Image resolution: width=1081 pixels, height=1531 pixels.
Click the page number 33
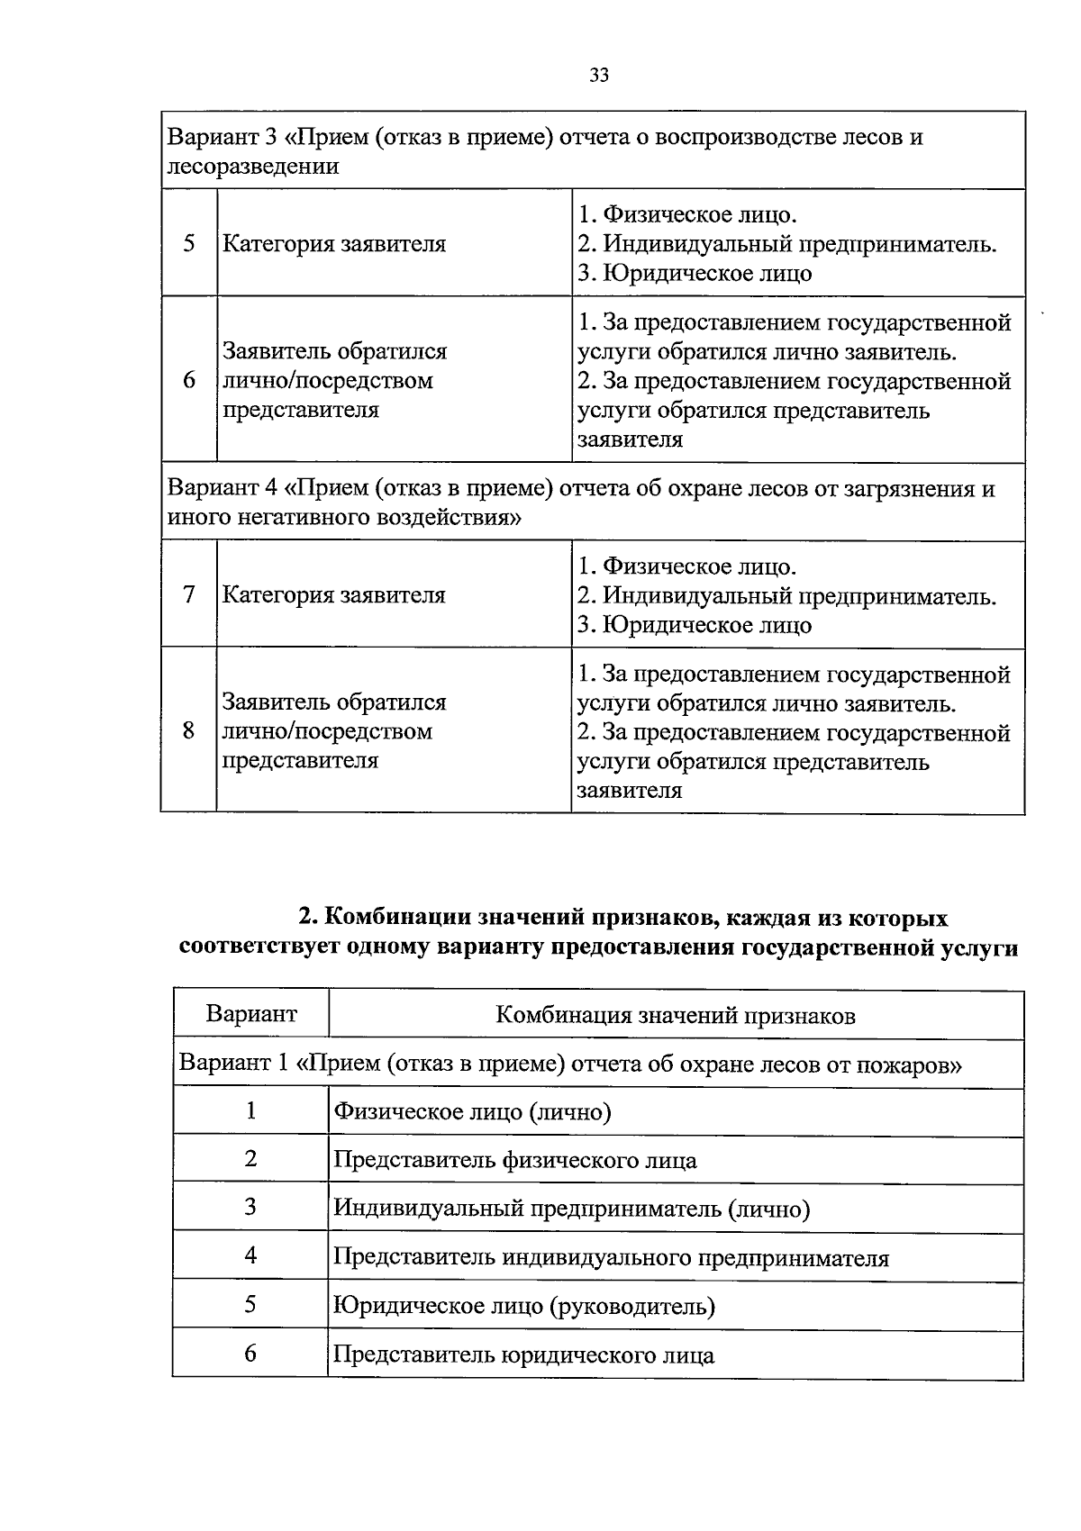[599, 76]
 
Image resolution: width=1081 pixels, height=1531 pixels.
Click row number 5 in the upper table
[189, 243]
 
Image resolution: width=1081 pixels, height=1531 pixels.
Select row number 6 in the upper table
[189, 380]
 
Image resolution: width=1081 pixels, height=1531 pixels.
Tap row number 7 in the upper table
[189, 594]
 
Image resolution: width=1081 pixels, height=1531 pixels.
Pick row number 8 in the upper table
[189, 730]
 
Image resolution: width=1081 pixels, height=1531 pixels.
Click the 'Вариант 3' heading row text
[545, 151]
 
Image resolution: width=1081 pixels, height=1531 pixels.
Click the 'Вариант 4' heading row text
[581, 503]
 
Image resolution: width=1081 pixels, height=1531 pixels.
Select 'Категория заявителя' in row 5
[334, 244]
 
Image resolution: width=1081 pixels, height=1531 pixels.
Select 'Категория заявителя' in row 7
[334, 595]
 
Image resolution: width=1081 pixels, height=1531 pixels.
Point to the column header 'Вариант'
[251, 1014]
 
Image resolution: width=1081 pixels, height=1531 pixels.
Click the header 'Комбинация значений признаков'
[676, 1016]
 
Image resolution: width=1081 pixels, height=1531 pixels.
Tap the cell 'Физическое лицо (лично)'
[472, 1112]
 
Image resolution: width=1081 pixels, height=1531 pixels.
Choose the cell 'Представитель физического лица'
[514, 1160]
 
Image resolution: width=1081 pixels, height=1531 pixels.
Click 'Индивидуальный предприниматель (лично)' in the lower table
[571, 1209]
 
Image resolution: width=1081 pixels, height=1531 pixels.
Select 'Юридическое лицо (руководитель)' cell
[523, 1306]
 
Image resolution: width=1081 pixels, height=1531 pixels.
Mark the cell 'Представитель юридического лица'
[523, 1354]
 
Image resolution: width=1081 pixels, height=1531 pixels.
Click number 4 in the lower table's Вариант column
[250, 1255]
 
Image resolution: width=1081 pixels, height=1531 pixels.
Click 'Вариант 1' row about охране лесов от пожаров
[570, 1064]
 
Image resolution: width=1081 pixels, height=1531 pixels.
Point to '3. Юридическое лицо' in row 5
[695, 273]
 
